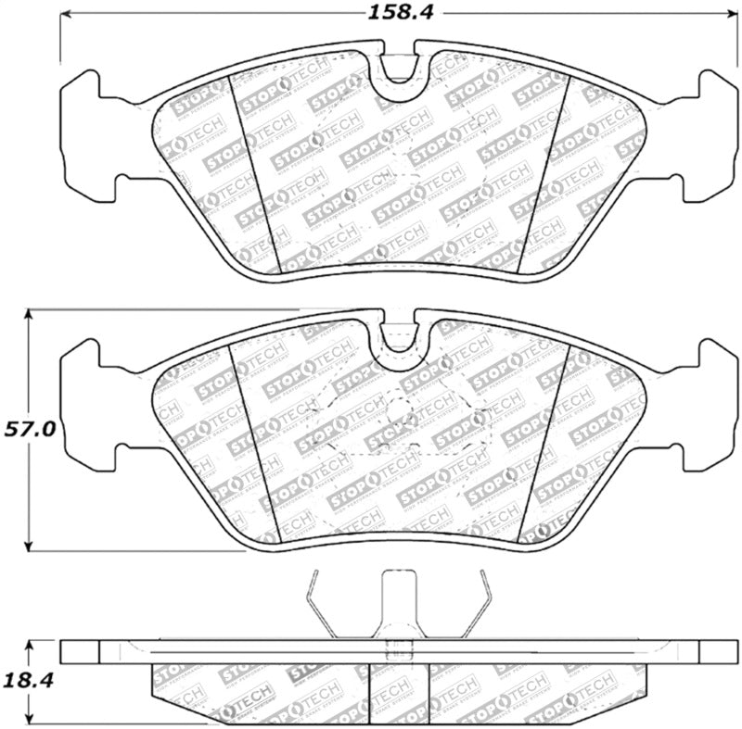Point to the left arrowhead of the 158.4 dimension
click(x=67, y=14)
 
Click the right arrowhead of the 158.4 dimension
click(x=727, y=14)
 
